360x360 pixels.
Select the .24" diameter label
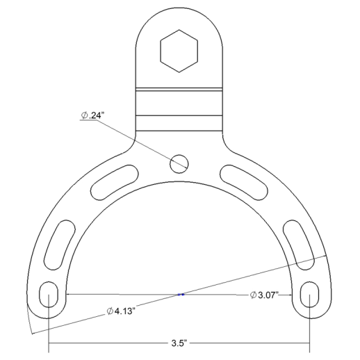91,115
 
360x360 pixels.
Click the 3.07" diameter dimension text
264,295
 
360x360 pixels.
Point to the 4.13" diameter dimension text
120,311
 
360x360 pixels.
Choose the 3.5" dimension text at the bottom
179,343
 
